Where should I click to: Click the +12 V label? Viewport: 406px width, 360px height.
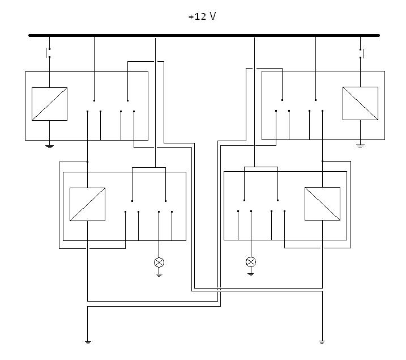tap(202, 16)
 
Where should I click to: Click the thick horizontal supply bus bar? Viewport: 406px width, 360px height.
tap(204, 35)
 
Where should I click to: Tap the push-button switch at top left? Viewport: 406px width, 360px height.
tap(49, 54)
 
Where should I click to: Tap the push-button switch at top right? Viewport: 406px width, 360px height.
tap(361, 54)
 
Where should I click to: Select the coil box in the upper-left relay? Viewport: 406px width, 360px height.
tap(49, 104)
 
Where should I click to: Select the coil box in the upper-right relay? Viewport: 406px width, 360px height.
tap(360, 104)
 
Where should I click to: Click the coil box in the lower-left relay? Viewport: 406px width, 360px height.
tap(87, 204)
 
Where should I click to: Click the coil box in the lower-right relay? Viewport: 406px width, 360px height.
tap(322, 204)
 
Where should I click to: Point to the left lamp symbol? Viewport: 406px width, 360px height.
tap(159, 262)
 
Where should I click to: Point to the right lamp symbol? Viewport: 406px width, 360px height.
tap(251, 262)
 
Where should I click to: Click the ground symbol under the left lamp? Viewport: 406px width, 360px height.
tap(159, 274)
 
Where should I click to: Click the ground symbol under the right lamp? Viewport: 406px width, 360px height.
tap(251, 274)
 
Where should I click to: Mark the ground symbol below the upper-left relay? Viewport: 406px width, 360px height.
tap(49, 146)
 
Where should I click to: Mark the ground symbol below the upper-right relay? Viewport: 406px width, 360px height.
tap(360, 146)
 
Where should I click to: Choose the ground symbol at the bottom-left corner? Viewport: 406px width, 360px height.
tap(88, 342)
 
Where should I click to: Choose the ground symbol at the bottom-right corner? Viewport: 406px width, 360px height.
tap(322, 342)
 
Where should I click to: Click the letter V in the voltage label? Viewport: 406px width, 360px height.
tap(213, 16)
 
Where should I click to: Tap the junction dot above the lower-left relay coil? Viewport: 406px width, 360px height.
tap(88, 162)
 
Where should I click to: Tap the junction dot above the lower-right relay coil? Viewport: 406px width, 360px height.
tap(322, 162)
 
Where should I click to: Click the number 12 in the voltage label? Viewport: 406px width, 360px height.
tap(200, 16)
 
